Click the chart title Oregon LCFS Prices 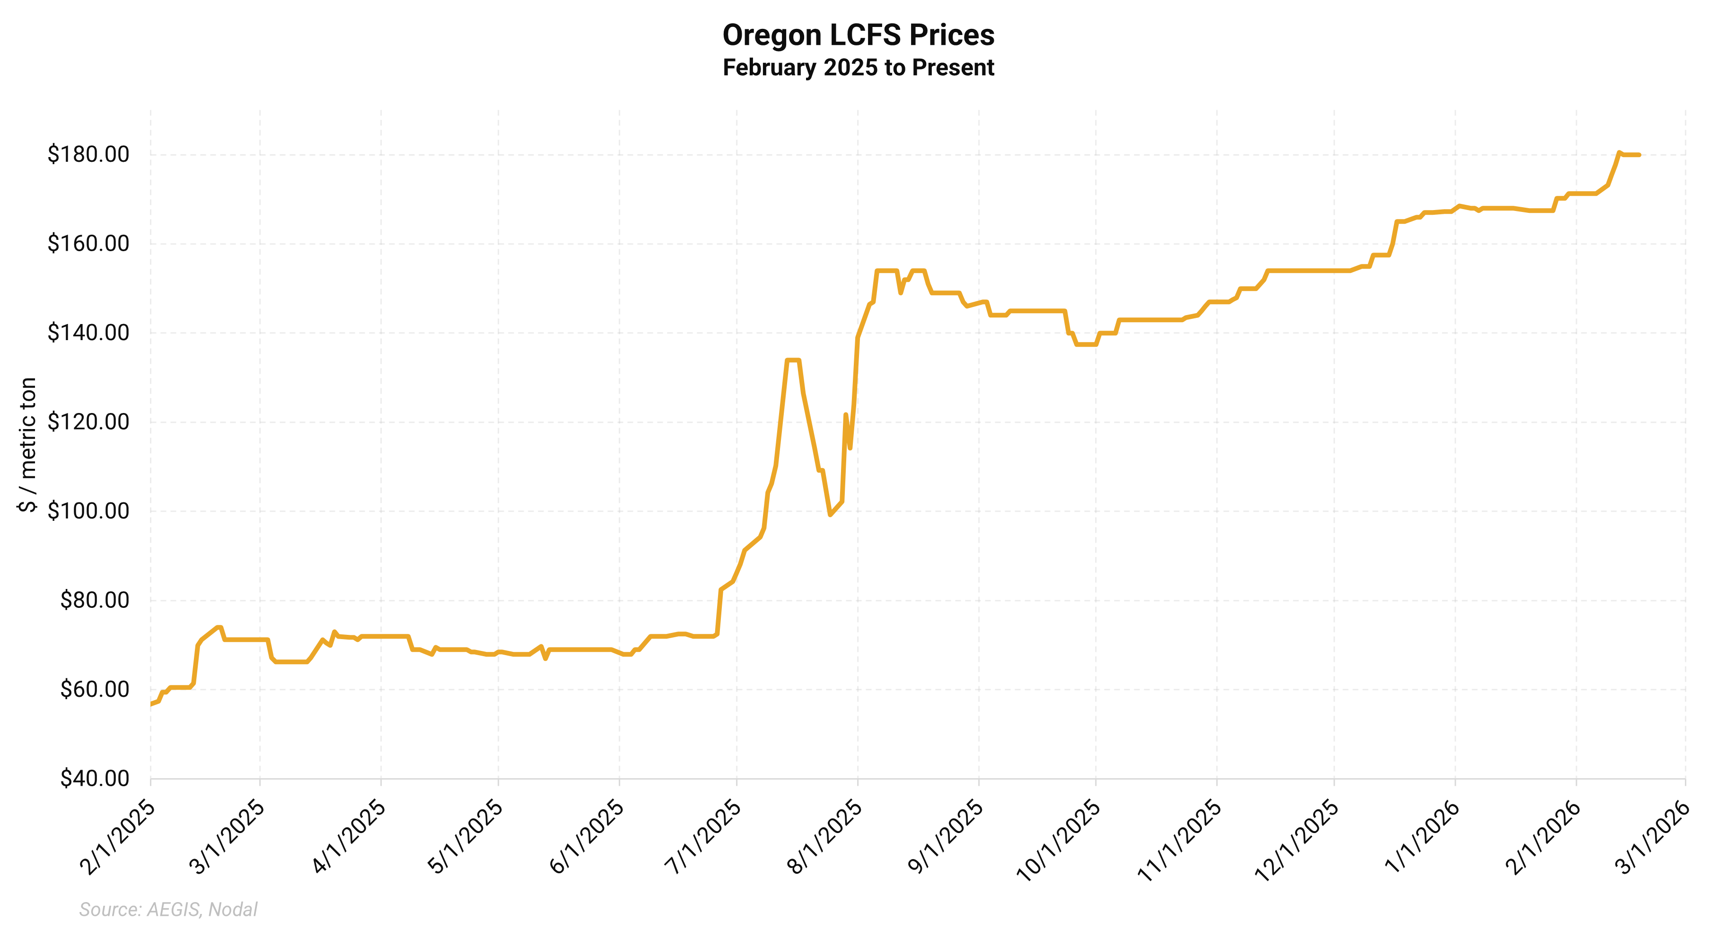[859, 35]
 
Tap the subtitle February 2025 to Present [859, 67]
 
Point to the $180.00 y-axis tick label [88, 154]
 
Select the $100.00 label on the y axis [88, 511]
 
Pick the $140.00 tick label [88, 332]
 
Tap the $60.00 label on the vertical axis [94, 689]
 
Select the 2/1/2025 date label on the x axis [118, 837]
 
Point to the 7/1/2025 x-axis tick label [703, 837]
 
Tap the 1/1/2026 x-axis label [1422, 837]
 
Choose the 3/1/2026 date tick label [1653, 837]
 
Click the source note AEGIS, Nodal [168, 909]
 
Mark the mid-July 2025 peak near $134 [793, 360]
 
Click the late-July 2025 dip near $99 [830, 514]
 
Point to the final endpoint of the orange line [1639, 155]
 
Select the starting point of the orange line [151, 704]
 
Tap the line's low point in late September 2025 [1086, 344]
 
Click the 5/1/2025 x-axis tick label [465, 837]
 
